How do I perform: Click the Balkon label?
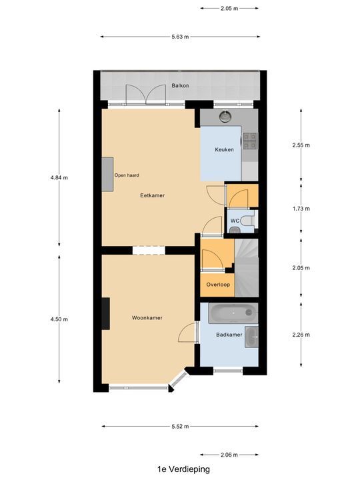[x=180, y=86]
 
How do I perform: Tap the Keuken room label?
[x=224, y=150]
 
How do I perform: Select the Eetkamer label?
[x=152, y=195]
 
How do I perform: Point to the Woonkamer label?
[x=147, y=318]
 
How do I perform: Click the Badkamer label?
[x=229, y=335]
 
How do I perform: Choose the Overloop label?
[x=218, y=284]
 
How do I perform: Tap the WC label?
[x=235, y=221]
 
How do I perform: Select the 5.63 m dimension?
[x=180, y=37]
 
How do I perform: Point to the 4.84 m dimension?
[x=59, y=177]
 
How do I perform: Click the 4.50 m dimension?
[x=59, y=319]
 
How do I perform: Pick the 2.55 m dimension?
[x=301, y=145]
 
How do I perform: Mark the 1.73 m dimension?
[x=301, y=209]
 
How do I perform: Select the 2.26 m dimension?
[x=301, y=335]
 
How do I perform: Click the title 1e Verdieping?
[x=180, y=469]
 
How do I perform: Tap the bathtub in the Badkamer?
[x=230, y=312]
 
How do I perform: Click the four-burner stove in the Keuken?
[x=250, y=140]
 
